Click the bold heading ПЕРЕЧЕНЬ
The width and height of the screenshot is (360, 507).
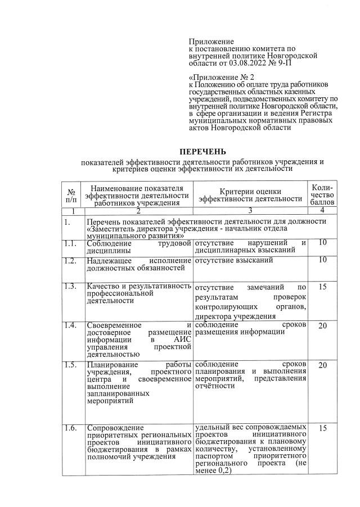click(x=202, y=152)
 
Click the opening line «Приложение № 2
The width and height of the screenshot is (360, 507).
click(x=222, y=76)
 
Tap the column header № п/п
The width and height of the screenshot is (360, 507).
click(x=71, y=194)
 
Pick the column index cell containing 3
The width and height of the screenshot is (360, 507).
click(x=250, y=210)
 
